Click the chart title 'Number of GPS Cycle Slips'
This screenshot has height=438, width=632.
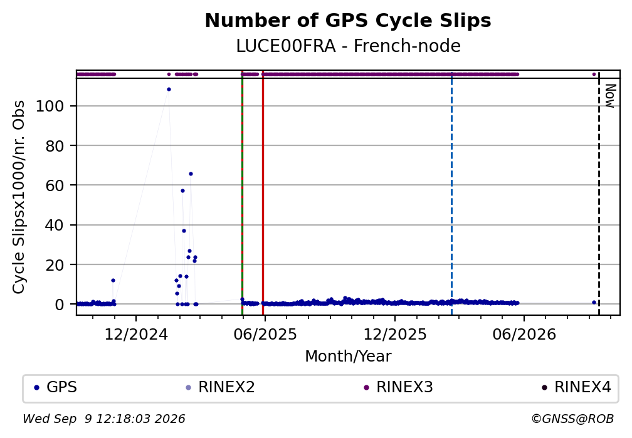[348, 21]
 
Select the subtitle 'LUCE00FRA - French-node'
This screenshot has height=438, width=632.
[348, 46]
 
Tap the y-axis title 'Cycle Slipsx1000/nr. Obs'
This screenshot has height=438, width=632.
[19, 197]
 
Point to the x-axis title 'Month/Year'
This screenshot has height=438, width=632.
[348, 356]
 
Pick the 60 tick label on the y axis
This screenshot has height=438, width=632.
[55, 185]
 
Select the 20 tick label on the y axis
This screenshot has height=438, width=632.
[55, 264]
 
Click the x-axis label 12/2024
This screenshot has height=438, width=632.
[136, 335]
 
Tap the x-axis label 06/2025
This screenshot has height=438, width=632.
[265, 335]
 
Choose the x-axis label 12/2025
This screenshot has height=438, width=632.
[395, 335]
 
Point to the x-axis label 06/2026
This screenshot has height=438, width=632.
[524, 335]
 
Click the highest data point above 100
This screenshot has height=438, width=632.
[169, 90]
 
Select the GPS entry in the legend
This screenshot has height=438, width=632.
[56, 387]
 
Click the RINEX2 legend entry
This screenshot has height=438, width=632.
[221, 387]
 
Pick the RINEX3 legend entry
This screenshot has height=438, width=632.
[398, 387]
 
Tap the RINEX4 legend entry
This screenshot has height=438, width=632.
[576, 387]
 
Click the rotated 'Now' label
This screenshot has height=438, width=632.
[611, 96]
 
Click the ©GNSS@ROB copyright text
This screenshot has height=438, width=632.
[572, 419]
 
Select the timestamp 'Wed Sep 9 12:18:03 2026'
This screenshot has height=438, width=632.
[104, 419]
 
